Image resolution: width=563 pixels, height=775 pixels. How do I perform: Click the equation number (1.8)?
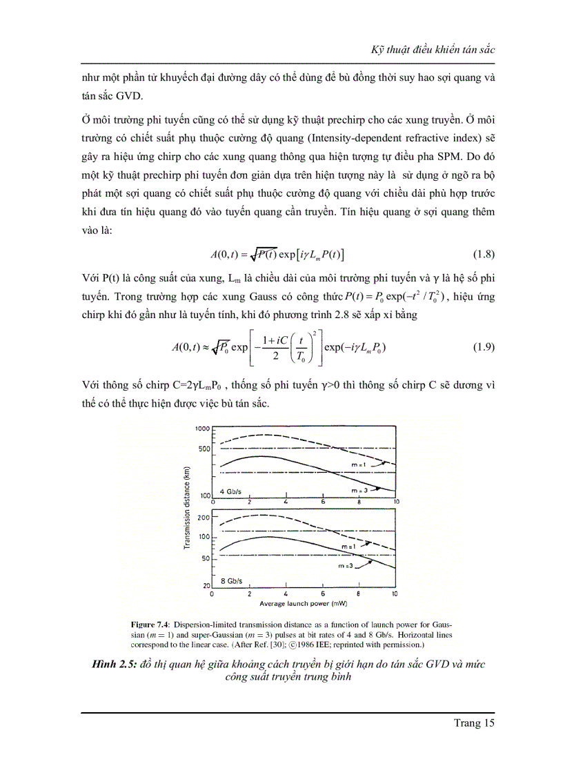click(x=480, y=253)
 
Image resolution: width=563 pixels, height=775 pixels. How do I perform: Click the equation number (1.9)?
click(x=480, y=347)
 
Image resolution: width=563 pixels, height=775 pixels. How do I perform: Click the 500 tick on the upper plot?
click(x=203, y=449)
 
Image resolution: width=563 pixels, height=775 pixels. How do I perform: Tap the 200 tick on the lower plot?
click(x=203, y=517)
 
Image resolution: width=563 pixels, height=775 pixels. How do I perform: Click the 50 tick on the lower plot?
click(x=204, y=558)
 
